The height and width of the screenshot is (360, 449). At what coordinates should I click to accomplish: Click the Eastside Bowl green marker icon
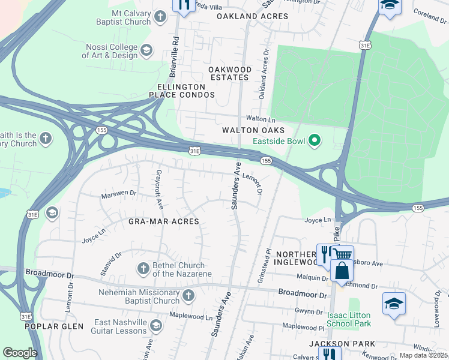click(313, 142)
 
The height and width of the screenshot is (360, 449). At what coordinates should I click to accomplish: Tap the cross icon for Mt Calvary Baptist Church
click(160, 17)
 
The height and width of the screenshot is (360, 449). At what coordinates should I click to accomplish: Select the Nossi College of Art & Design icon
click(146, 50)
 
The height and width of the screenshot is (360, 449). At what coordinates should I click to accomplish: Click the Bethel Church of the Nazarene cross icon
click(143, 269)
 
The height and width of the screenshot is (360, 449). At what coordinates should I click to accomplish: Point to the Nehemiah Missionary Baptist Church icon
click(188, 295)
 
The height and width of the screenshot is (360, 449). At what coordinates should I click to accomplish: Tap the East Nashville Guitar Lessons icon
click(156, 326)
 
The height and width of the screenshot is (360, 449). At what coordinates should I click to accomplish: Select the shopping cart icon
click(343, 254)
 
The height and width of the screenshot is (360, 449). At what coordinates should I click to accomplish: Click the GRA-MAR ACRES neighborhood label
click(163, 221)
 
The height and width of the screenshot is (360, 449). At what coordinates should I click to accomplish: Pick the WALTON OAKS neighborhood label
click(253, 130)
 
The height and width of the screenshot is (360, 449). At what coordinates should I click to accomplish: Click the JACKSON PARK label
click(342, 344)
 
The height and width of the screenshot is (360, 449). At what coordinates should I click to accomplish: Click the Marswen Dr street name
click(119, 194)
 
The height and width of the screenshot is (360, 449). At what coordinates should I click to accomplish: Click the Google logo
click(20, 353)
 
